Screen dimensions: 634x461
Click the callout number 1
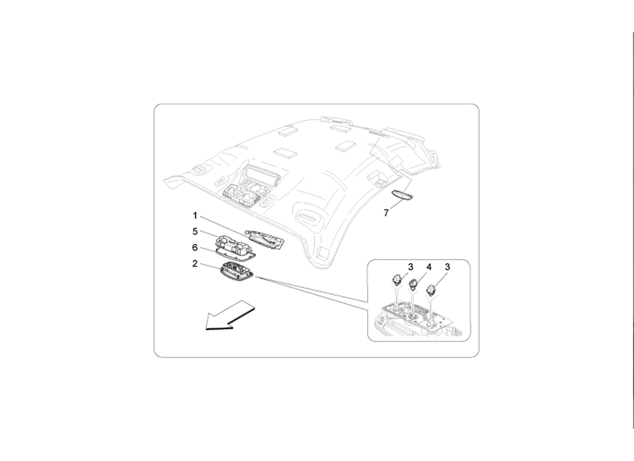pyautogui.click(x=195, y=216)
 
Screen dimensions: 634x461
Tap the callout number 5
pyautogui.click(x=195, y=231)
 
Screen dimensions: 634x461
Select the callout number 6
pyautogui.click(x=195, y=247)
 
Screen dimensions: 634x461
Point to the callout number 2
pyautogui.click(x=195, y=264)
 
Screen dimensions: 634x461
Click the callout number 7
pyautogui.click(x=386, y=213)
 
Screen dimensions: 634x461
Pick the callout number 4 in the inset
pyautogui.click(x=429, y=267)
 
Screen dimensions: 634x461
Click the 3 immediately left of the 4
pyautogui.click(x=411, y=267)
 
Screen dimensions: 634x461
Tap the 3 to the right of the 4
pyautogui.click(x=447, y=267)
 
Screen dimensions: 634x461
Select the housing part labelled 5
pyautogui.click(x=235, y=244)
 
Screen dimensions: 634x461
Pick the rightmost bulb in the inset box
pyautogui.click(x=432, y=290)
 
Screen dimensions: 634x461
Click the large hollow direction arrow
pyautogui.click(x=230, y=315)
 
